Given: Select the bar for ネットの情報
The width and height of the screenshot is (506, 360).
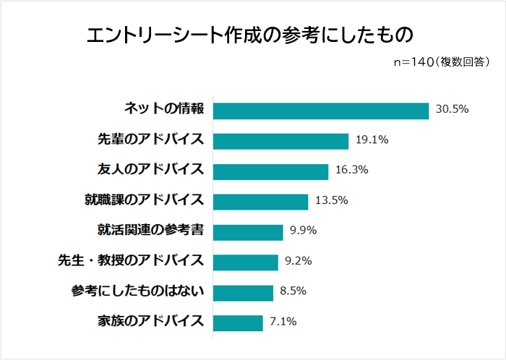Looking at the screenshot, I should (x=321, y=110).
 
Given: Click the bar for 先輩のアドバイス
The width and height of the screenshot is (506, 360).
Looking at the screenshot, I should (x=281, y=140).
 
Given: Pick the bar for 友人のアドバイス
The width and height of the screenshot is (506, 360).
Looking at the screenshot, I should (x=271, y=171).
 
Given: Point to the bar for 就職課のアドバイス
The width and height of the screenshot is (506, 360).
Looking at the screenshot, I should (x=261, y=202).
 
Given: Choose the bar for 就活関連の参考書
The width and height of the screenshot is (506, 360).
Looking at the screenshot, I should (x=248, y=232).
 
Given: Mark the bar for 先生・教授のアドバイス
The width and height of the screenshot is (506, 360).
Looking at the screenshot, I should (x=246, y=262).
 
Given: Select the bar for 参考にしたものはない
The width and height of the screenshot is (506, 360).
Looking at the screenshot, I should (x=244, y=292).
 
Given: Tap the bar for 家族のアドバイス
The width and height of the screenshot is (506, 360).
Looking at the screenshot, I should (x=238, y=322).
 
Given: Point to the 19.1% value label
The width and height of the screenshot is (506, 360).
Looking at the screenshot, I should (x=372, y=140).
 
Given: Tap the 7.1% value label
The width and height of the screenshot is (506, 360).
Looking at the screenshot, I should (x=283, y=322).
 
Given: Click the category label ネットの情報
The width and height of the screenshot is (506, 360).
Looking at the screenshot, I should (x=163, y=109).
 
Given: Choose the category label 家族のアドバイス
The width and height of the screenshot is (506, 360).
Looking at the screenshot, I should (x=150, y=322).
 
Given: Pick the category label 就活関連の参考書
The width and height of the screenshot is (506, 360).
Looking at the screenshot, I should (x=150, y=231).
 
